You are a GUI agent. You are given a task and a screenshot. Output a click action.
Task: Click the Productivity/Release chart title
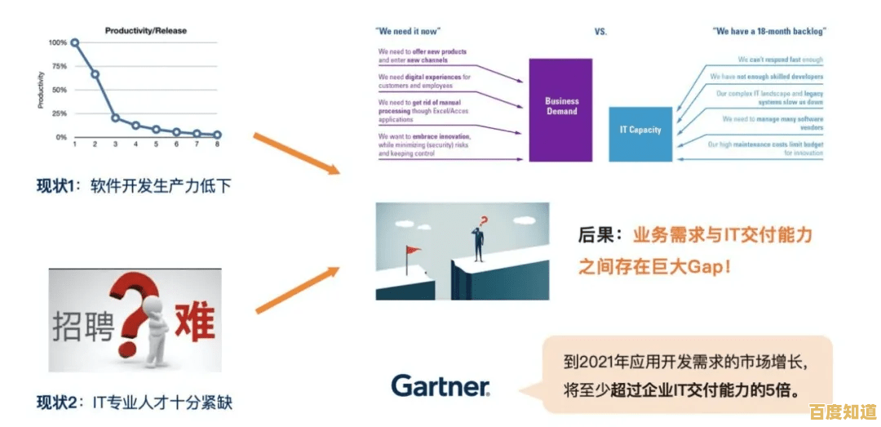click(146, 31)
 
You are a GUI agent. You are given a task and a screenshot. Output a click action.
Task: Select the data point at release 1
click(75, 42)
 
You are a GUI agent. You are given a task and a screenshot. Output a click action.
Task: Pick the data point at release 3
click(115, 118)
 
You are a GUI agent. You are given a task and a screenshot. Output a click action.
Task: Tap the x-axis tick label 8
click(218, 145)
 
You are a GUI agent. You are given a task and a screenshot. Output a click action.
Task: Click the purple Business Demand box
click(561, 109)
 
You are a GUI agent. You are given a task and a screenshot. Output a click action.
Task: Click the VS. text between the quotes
click(601, 31)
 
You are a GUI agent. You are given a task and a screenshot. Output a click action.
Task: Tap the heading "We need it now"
click(408, 31)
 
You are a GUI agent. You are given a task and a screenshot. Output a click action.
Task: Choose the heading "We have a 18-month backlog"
click(769, 31)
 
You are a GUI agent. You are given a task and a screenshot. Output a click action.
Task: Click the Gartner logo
click(440, 385)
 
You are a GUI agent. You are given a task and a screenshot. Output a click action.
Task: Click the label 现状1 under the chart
click(56, 186)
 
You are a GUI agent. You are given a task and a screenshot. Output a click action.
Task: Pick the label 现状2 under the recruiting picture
click(57, 402)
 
